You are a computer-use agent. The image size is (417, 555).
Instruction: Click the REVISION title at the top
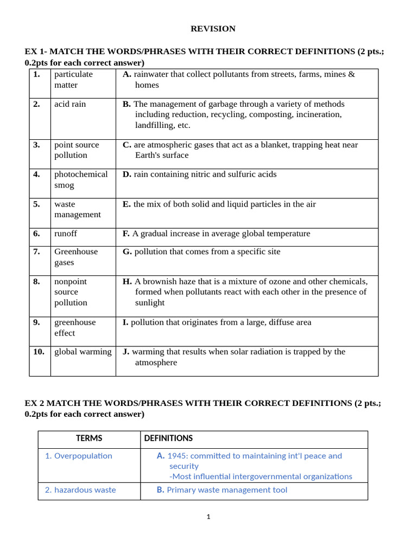(x=213, y=29)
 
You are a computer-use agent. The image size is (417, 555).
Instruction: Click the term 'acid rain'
(x=70, y=104)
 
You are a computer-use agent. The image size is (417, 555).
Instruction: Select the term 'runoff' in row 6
(x=66, y=234)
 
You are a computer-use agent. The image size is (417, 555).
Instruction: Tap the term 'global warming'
(x=83, y=352)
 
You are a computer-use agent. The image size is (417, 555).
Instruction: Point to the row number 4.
(x=36, y=175)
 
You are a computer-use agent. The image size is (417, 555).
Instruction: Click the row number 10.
(x=39, y=352)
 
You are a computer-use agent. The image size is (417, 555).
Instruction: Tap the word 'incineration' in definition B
(x=318, y=114)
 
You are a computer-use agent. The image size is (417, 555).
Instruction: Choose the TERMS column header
(x=89, y=438)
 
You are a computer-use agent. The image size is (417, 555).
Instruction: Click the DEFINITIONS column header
(x=168, y=438)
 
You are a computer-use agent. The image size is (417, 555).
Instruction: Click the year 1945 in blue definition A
(x=178, y=456)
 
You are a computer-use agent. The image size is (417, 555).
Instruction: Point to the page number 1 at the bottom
(x=208, y=517)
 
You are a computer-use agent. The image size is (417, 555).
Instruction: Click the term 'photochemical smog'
(x=81, y=179)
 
